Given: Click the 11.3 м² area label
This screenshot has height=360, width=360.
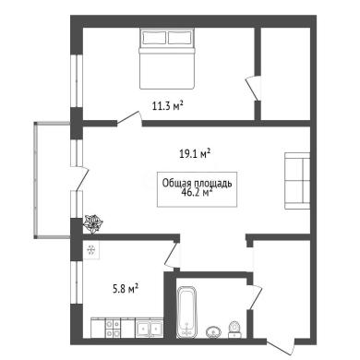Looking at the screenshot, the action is pyautogui.click(x=168, y=106).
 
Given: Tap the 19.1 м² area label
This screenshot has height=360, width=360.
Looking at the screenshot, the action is pyautogui.click(x=195, y=153).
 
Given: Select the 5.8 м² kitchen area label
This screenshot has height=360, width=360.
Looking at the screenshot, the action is pyautogui.click(x=125, y=289).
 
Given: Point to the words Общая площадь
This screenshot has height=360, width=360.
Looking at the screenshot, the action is pyautogui.click(x=197, y=184).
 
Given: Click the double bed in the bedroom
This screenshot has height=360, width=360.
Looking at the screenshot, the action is pyautogui.click(x=167, y=58).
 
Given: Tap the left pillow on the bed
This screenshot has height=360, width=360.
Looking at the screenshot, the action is pyautogui.click(x=154, y=38).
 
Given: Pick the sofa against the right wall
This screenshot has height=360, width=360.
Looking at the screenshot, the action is pyautogui.click(x=297, y=181).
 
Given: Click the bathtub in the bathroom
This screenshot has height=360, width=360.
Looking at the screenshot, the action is pyautogui.click(x=186, y=312).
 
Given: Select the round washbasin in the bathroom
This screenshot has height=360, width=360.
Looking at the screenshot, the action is pyautogui.click(x=213, y=331).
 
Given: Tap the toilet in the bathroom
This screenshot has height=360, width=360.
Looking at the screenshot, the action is pyautogui.click(x=234, y=329).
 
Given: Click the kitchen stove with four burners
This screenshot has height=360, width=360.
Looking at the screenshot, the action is pyautogui.click(x=113, y=329).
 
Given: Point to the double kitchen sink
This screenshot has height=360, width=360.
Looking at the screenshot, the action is pyautogui.click(x=150, y=329).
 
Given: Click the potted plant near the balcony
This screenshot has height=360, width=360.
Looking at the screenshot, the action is pyautogui.click(x=92, y=223).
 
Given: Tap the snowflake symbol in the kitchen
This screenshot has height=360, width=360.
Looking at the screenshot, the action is pyautogui.click(x=91, y=250).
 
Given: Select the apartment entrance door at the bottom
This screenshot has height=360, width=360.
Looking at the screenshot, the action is pyautogui.click(x=281, y=346).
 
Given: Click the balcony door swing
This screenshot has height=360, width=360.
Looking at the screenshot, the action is pyautogui.click(x=80, y=178).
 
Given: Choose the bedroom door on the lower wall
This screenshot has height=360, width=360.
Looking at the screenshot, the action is pyautogui.click(x=129, y=119).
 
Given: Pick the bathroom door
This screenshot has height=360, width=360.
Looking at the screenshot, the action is pyautogui.click(x=254, y=296).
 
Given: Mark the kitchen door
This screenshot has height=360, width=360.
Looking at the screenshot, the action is pyautogui.click(x=173, y=256).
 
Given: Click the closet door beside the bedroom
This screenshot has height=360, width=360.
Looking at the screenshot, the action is pyautogui.click(x=253, y=89).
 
